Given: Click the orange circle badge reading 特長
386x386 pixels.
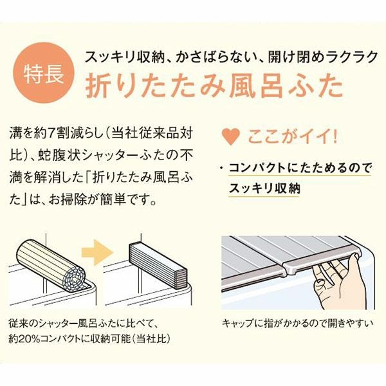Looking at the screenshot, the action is point(44,73).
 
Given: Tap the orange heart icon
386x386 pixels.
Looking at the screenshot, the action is point(231,136).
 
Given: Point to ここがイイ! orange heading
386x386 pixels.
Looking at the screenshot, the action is point(292,137).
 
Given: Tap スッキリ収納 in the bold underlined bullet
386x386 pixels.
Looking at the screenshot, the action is point(264,188).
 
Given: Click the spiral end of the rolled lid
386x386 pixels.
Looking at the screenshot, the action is point(74,278).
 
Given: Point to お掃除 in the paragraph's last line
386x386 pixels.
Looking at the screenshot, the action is point(67,200).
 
